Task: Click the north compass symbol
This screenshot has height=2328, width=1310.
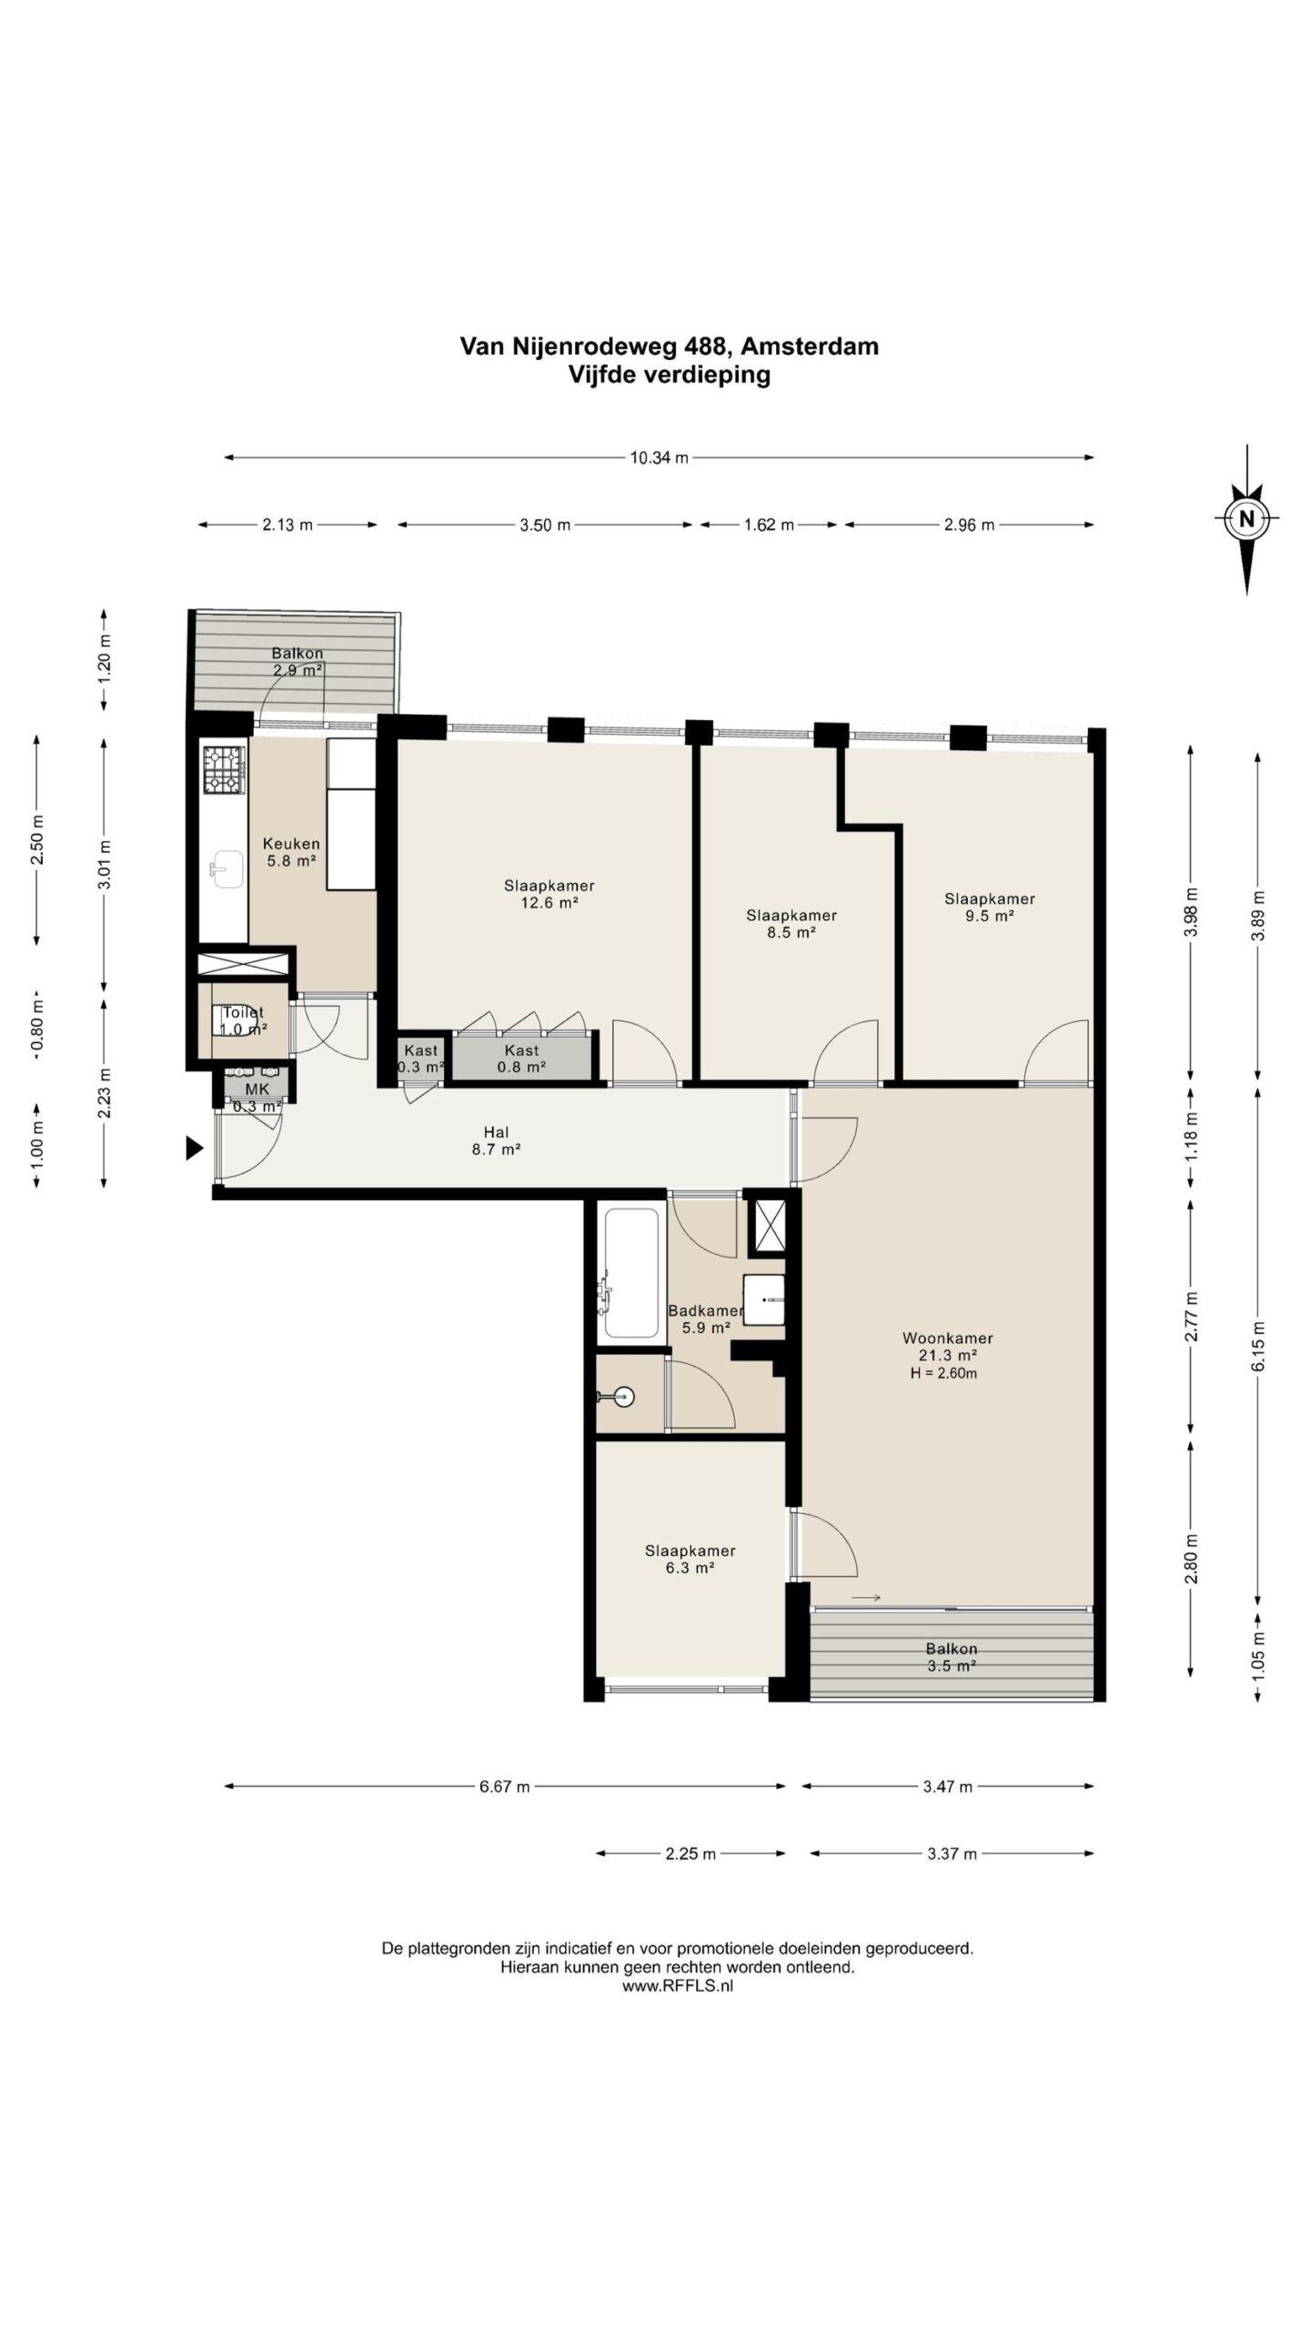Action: pos(1247,519)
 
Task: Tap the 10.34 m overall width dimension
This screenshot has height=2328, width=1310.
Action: pos(659,457)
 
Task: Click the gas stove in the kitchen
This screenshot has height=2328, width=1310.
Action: pos(224,768)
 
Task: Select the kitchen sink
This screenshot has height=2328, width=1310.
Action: pos(224,868)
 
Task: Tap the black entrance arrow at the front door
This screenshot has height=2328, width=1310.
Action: pos(195,1149)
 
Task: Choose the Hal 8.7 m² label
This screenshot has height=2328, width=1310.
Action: pos(496,1140)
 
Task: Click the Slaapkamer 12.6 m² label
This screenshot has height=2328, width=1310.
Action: pos(549,894)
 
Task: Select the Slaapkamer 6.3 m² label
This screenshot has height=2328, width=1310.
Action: pos(690,1560)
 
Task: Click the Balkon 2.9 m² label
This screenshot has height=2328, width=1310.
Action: pos(297,661)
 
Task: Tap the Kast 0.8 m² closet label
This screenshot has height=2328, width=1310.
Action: pos(521,1059)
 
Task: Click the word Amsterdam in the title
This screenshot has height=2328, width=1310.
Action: pos(809,346)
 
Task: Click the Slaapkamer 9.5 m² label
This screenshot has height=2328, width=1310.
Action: pos(990,908)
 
